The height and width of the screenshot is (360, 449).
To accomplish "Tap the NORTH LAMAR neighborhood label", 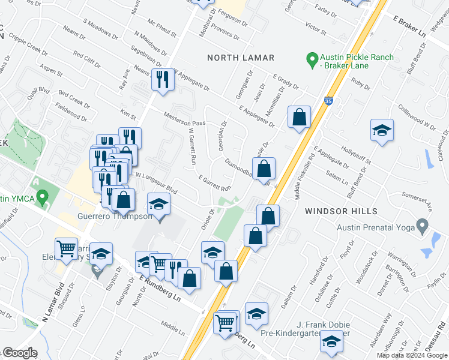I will pyautogui.click(x=241, y=58).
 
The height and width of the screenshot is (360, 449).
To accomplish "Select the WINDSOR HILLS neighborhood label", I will pyautogui.click(x=341, y=211).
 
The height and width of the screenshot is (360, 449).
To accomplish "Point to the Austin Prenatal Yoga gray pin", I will pyautogui.click(x=422, y=227).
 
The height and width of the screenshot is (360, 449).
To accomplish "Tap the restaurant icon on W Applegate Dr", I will pyautogui.click(x=163, y=80).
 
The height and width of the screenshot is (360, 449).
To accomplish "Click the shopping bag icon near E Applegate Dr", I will pyautogui.click(x=299, y=117).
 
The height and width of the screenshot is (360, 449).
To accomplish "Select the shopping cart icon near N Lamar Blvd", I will pyautogui.click(x=66, y=248).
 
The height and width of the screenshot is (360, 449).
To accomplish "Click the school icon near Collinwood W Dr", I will pyautogui.click(x=382, y=132).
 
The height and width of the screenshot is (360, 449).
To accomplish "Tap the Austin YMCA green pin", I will pyautogui.click(x=42, y=197).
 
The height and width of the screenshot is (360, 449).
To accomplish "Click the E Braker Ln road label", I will pyautogui.click(x=410, y=28).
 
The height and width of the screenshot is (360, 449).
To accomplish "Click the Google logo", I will pyautogui.click(x=19, y=353).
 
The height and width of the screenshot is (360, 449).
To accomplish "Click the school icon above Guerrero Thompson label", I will pyautogui.click(x=159, y=205).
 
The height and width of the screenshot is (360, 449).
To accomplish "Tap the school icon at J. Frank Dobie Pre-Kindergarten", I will pyautogui.click(x=331, y=341).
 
